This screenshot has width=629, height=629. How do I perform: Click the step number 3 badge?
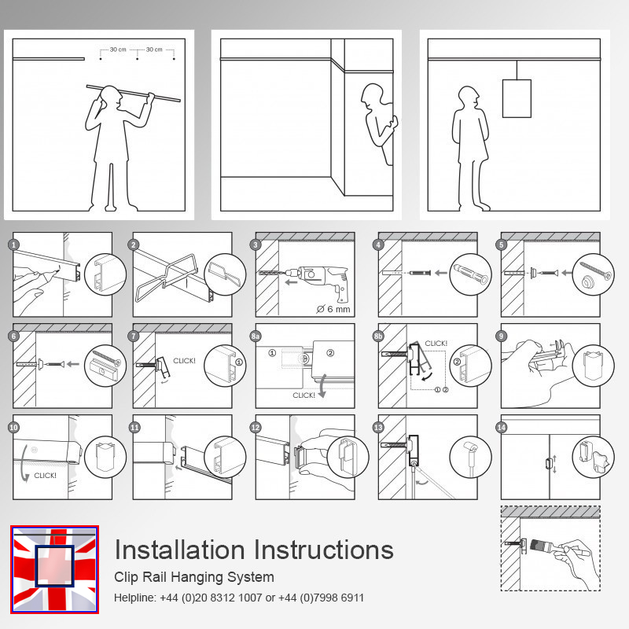[256, 245]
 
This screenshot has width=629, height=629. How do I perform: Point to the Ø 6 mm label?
[333, 309]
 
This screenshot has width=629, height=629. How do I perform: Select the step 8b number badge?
[378, 337]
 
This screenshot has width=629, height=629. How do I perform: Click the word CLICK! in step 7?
[184, 361]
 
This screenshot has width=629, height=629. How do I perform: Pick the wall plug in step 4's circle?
[470, 274]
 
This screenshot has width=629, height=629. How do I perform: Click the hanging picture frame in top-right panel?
[517, 98]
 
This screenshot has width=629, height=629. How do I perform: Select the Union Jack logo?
[54, 569]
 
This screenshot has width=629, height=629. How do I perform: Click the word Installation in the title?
[179, 550]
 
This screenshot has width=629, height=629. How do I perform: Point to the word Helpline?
[134, 598]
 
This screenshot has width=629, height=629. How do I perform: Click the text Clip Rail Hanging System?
[194, 577]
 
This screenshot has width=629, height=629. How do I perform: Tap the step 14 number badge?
[502, 427]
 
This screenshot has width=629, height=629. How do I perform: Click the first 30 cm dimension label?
[118, 50]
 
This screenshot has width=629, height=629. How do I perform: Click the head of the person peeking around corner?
[372, 96]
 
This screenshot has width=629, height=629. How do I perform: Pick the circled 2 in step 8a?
[330, 353]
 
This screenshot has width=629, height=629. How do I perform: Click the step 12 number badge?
[256, 427]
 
